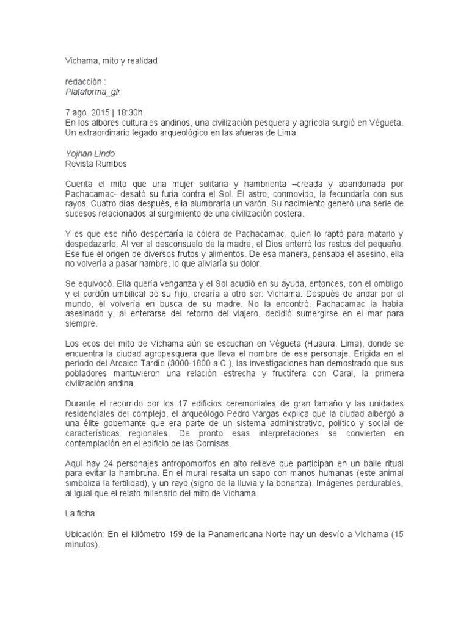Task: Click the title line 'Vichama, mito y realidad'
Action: (x=111, y=62)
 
